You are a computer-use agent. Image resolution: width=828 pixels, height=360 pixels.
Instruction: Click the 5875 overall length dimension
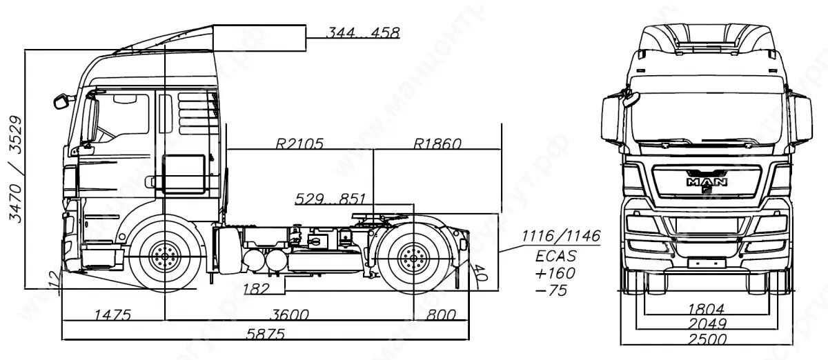click(x=266, y=333)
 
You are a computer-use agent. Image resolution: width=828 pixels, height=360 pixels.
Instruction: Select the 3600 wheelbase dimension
click(x=288, y=314)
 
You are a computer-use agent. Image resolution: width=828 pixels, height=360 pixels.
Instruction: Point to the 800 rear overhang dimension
click(x=441, y=314)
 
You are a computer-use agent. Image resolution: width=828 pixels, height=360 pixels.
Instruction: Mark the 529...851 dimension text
click(x=331, y=199)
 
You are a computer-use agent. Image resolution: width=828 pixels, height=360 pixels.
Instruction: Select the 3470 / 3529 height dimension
click(x=15, y=169)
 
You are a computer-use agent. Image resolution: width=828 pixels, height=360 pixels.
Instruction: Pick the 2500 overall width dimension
click(x=707, y=339)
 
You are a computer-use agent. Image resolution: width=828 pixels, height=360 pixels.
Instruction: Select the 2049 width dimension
click(x=707, y=323)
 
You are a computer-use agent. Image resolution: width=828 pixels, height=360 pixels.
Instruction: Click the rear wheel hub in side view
click(x=413, y=257)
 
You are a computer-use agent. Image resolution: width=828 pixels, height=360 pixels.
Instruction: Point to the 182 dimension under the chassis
click(x=257, y=288)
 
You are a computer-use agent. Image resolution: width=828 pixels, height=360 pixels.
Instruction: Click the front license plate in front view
click(x=706, y=262)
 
